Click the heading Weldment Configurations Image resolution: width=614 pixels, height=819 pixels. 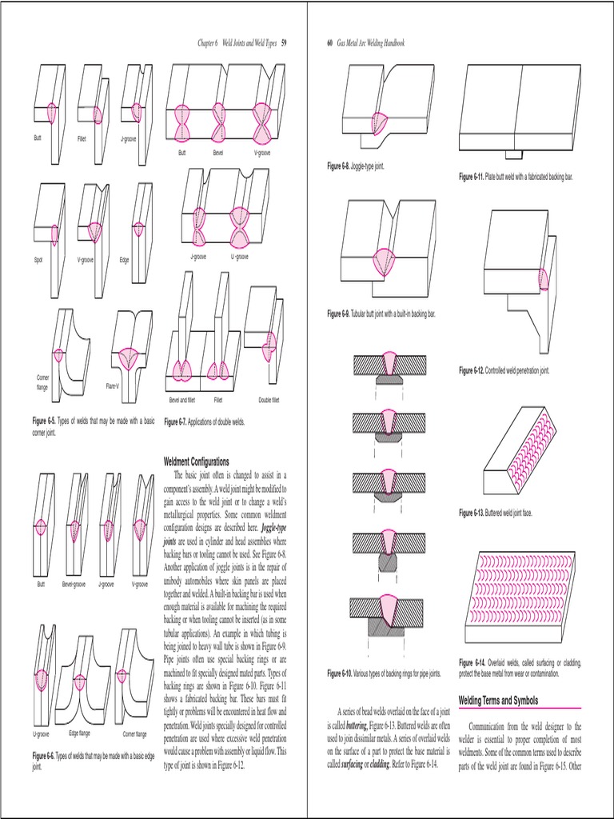click(x=196, y=461)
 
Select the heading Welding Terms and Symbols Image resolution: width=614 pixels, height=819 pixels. click(x=504, y=700)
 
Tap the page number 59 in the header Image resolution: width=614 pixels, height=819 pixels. click(x=283, y=42)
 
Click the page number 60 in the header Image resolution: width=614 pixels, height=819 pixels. click(x=329, y=42)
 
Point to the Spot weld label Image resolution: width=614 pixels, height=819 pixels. click(x=38, y=260)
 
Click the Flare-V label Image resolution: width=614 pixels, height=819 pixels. click(x=113, y=386)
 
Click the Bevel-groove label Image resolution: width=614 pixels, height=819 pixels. click(x=74, y=585)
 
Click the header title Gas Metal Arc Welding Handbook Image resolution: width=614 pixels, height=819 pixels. click(x=370, y=42)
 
